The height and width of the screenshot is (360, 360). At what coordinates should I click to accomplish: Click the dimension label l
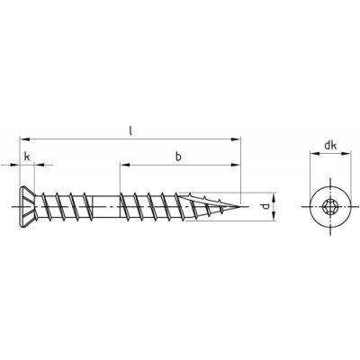coord(130,130)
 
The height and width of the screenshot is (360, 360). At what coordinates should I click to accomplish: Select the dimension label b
coord(178,157)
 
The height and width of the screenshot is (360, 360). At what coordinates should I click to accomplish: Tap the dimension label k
coord(27,157)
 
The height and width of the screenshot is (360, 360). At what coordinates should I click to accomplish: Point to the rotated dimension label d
coord(265,207)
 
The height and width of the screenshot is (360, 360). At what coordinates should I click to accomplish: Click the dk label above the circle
coord(330,146)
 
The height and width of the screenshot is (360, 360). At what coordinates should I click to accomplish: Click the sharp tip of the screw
coord(240,207)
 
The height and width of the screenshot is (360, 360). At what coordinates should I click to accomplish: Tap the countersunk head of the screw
coord(27,207)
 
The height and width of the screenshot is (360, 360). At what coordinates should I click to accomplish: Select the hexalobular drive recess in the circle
coord(329,207)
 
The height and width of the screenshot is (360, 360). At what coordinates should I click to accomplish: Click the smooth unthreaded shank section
coord(106,207)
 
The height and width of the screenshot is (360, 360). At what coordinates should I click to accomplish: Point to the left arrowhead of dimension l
coord(24,139)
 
